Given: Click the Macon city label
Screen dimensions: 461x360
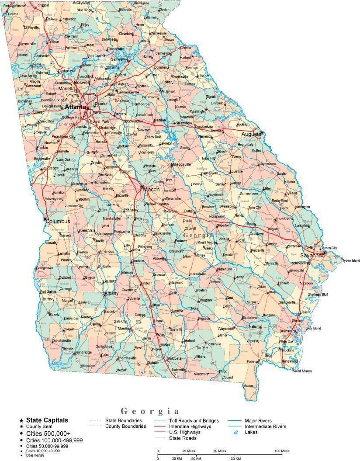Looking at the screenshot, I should [152, 190].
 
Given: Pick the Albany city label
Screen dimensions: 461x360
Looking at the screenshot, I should [111, 293].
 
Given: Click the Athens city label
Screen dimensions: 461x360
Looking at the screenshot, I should [168, 92].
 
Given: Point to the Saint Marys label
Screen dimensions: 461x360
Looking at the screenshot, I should [302, 371].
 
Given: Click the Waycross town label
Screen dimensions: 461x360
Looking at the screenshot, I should [226, 328].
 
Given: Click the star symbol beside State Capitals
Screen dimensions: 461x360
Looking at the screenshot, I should [21, 420].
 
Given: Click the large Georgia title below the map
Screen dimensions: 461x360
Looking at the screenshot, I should [150, 411].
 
